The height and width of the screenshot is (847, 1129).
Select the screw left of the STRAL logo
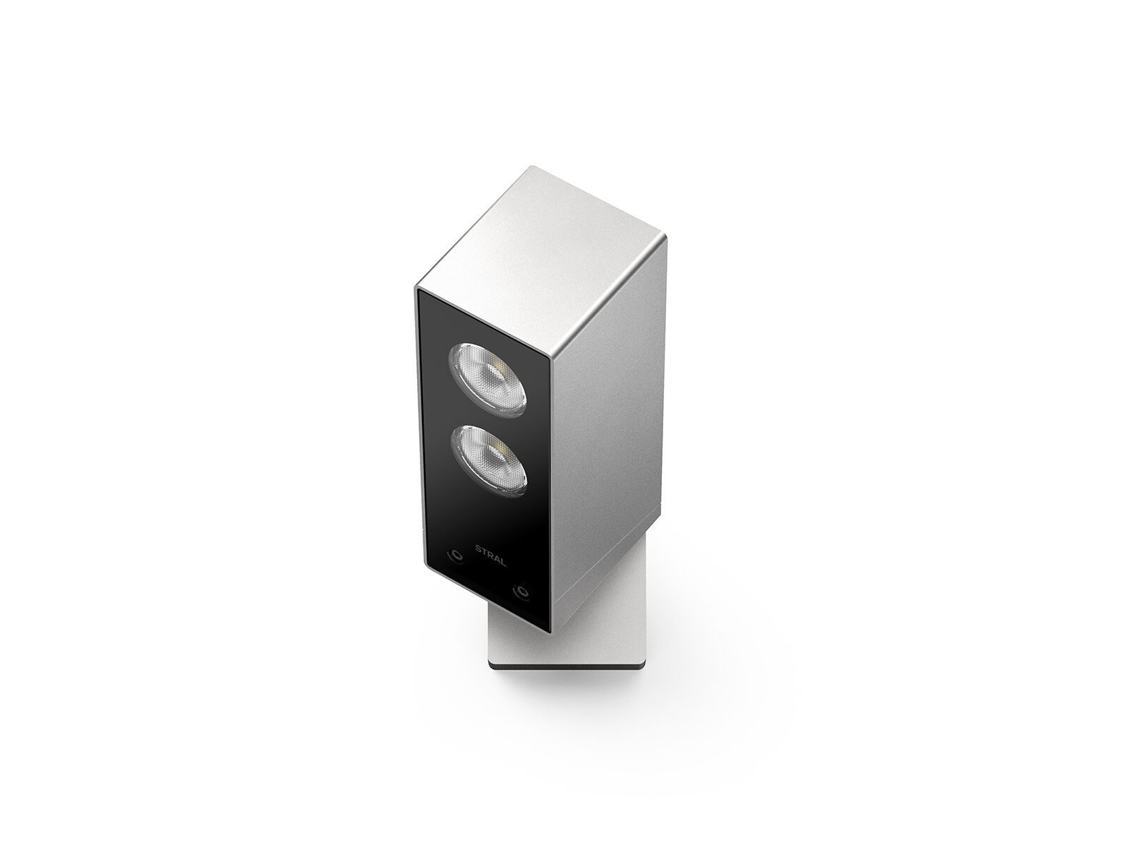click(x=457, y=555)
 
